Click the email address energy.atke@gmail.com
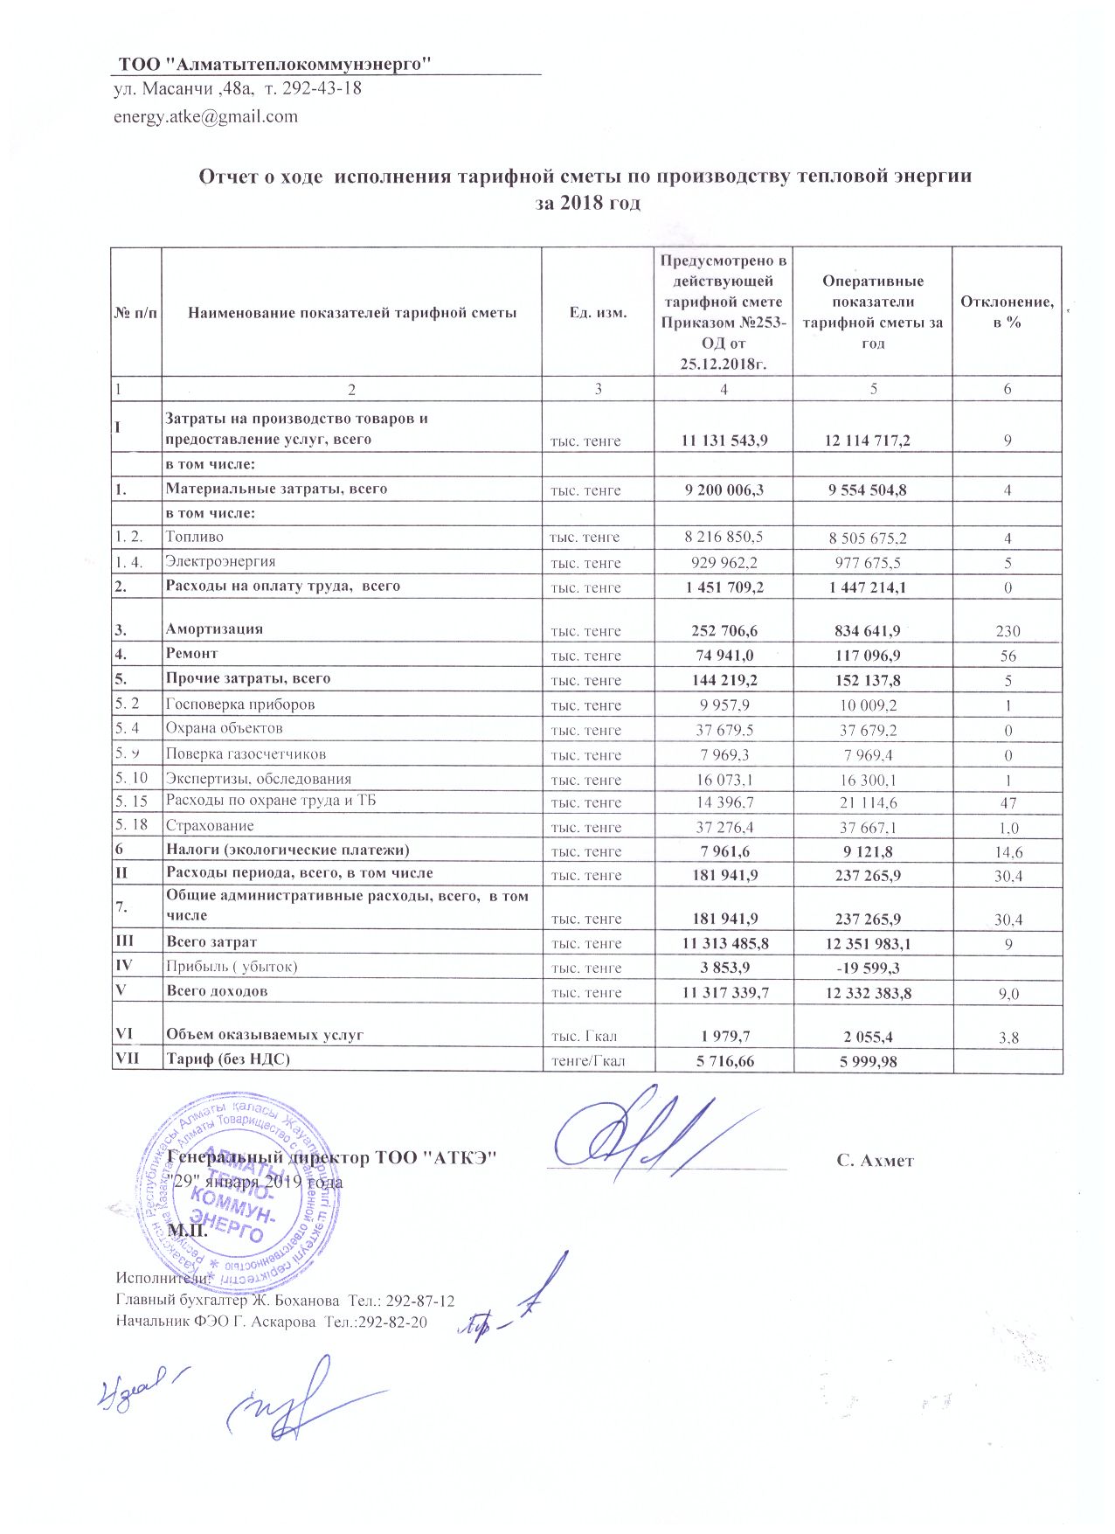(206, 116)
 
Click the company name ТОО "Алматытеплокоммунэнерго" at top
(276, 64)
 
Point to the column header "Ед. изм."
(598, 312)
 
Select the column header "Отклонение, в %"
(1007, 312)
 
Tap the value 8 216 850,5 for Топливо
(724, 538)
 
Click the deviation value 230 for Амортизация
(1008, 631)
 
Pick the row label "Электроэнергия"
(221, 562)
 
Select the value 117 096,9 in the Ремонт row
(871, 656)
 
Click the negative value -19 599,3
(871, 968)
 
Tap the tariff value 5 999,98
(871, 1061)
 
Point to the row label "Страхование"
(211, 826)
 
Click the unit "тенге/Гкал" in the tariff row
(598, 1061)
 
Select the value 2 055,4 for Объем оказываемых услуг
(871, 1037)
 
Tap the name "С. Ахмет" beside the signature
(875, 1161)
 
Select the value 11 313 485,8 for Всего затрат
(724, 943)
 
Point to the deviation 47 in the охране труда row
(1008, 803)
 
